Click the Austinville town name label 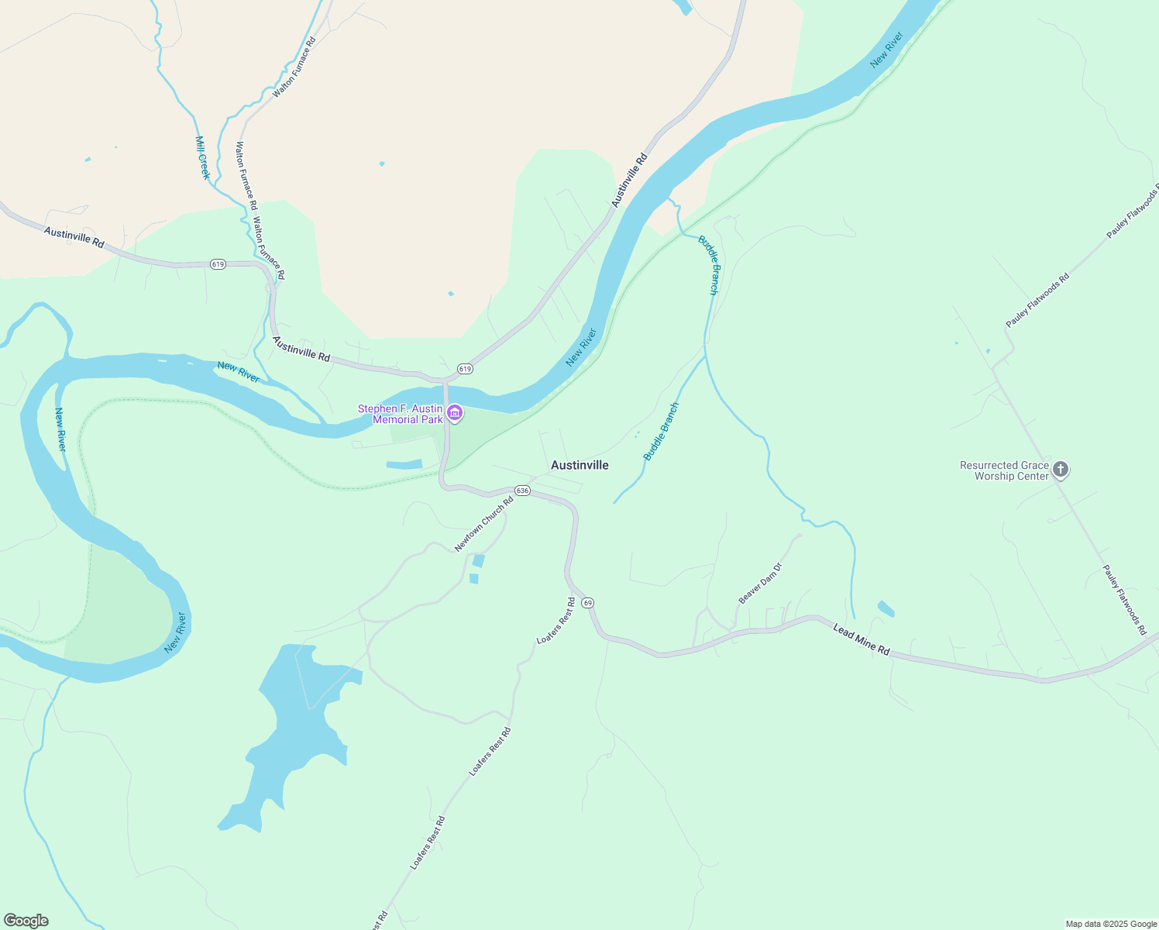click(579, 465)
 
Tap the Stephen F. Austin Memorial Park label click(400, 414)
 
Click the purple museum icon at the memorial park click(455, 413)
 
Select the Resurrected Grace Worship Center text click(1004, 470)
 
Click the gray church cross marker click(1061, 469)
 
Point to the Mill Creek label click(202, 157)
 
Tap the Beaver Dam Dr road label click(760, 584)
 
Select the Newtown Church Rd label click(484, 525)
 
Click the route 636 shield click(522, 491)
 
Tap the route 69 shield click(588, 602)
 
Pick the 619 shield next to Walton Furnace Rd click(218, 264)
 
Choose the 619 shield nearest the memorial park click(464, 368)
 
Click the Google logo click(26, 921)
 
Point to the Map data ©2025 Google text click(1111, 924)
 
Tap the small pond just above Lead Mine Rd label click(886, 608)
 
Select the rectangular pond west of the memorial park click(404, 464)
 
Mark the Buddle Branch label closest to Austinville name click(662, 431)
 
